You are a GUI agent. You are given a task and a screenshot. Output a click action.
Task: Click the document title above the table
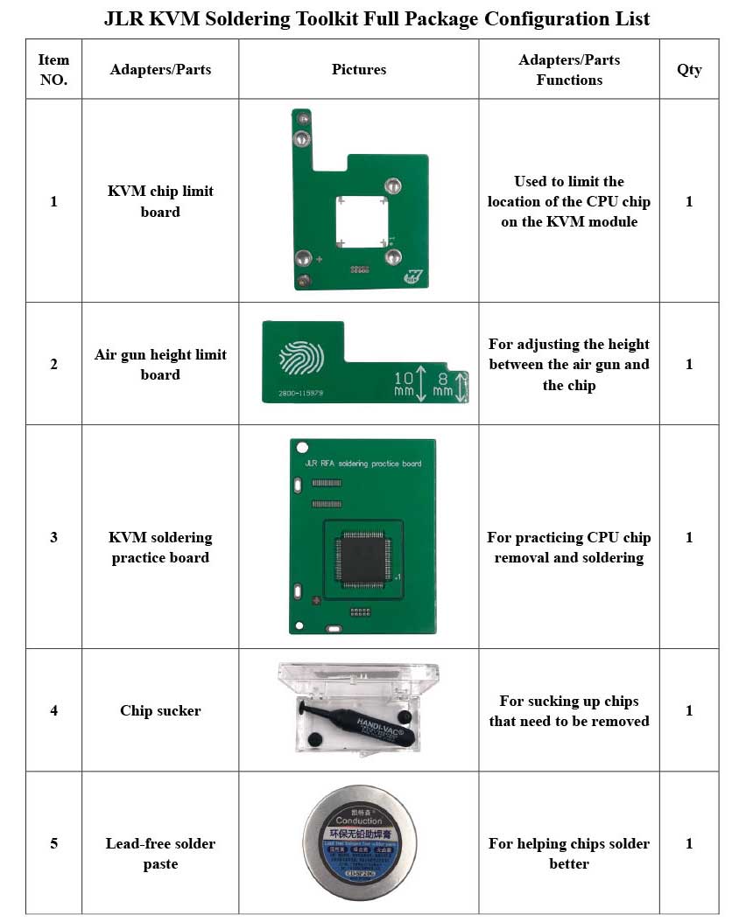click(377, 18)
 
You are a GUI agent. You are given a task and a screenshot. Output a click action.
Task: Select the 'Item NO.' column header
click(53, 70)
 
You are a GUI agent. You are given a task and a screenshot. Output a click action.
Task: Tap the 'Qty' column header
click(689, 70)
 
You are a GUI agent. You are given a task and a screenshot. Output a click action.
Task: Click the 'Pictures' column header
click(359, 70)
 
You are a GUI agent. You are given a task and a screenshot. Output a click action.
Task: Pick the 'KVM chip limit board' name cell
click(160, 201)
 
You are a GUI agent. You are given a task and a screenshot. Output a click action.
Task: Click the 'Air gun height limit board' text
click(160, 364)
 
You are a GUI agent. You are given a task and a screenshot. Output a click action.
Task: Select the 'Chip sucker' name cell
click(160, 710)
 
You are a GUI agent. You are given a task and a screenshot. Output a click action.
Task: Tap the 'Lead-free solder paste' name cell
click(160, 853)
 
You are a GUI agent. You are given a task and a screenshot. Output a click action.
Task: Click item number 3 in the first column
click(53, 537)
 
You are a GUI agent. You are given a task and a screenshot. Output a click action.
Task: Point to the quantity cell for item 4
click(689, 710)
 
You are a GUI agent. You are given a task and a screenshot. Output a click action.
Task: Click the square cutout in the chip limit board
click(362, 223)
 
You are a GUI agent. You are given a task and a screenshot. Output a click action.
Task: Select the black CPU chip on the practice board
click(362, 559)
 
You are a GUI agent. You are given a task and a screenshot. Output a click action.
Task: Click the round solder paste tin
click(359, 844)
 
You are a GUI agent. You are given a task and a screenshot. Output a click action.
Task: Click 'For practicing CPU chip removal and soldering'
click(569, 548)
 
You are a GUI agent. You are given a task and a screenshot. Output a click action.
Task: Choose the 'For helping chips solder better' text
click(569, 853)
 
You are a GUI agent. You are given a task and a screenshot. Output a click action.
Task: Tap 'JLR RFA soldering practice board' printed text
click(362, 464)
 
